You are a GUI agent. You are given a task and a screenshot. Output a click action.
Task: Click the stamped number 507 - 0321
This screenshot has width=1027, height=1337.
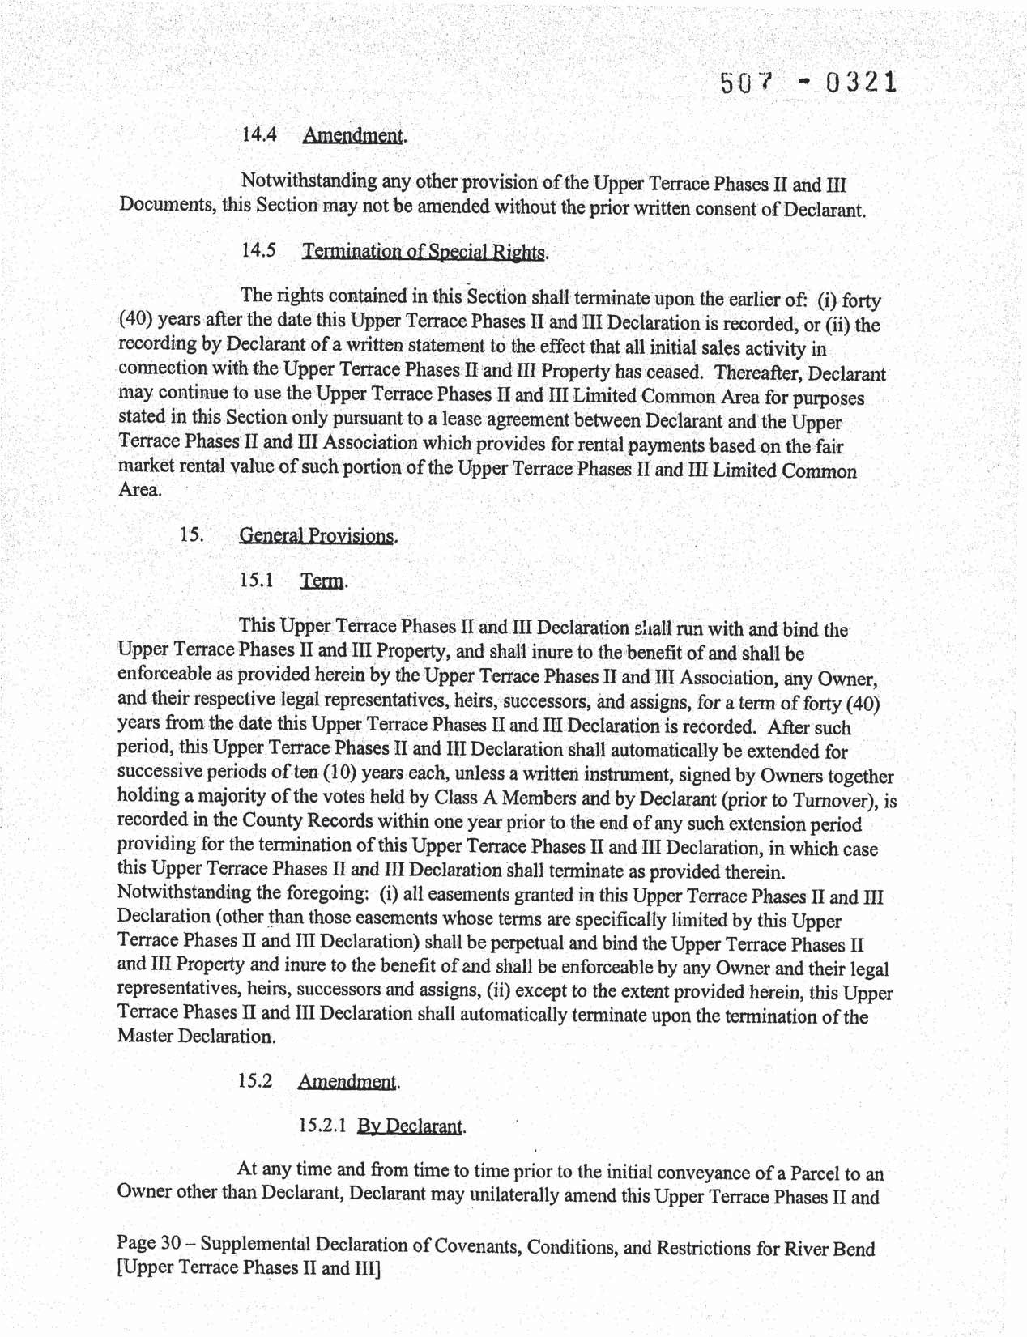click(808, 83)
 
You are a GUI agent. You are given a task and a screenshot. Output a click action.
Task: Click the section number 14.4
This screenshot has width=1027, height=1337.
click(259, 134)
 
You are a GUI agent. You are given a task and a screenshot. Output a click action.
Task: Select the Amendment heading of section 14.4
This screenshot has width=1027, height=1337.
click(352, 136)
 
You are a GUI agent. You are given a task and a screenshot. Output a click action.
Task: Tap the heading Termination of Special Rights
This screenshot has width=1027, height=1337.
click(424, 252)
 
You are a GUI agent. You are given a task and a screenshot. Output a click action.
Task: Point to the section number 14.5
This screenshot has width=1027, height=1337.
click(259, 250)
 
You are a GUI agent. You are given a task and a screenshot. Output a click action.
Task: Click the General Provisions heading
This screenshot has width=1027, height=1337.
click(317, 536)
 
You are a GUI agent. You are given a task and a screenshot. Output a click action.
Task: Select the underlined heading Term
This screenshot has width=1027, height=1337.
click(322, 581)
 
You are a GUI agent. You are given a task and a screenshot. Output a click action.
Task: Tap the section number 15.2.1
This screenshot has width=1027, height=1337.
click(322, 1125)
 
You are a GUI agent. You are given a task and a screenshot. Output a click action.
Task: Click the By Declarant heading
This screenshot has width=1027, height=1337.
click(411, 1126)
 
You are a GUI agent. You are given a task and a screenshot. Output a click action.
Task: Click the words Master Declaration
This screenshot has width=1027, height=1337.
click(195, 1036)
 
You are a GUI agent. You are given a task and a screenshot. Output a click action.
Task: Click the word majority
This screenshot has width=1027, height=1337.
click(224, 795)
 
